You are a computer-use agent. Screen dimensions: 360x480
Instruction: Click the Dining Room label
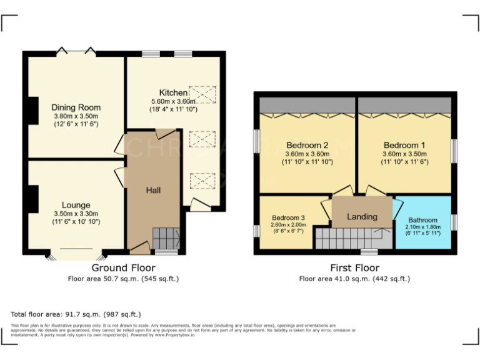click(x=76, y=107)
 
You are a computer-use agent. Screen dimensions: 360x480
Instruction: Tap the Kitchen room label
click(x=173, y=92)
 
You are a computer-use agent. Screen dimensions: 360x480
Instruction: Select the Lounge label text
click(x=76, y=205)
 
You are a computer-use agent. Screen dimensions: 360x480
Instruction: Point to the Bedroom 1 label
click(x=404, y=144)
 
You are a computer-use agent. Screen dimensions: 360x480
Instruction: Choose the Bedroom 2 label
click(x=307, y=144)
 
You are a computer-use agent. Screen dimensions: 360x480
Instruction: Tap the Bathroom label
click(x=423, y=220)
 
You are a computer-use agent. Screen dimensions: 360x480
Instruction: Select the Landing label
click(x=362, y=217)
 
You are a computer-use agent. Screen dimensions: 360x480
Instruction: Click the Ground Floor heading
click(x=123, y=267)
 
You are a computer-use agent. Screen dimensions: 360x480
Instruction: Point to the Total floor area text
click(x=76, y=314)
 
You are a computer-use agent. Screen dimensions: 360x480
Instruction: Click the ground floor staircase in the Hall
click(x=166, y=238)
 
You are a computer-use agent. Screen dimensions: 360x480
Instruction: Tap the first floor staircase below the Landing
click(x=350, y=238)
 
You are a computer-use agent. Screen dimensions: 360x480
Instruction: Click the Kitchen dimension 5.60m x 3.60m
click(x=173, y=101)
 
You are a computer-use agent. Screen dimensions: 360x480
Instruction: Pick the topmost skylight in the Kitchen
click(x=202, y=94)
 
